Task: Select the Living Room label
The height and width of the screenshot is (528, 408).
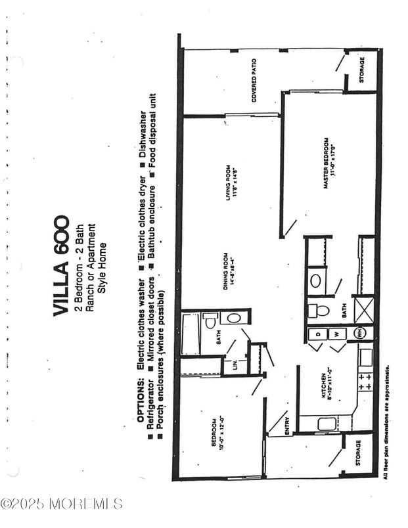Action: (x=231, y=181)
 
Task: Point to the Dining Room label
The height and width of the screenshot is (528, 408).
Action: (x=227, y=271)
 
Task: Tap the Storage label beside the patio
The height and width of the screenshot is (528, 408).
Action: (x=363, y=73)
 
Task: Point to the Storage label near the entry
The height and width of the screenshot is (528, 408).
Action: (x=358, y=452)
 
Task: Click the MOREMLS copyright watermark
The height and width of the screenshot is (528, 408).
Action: (x=62, y=504)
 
